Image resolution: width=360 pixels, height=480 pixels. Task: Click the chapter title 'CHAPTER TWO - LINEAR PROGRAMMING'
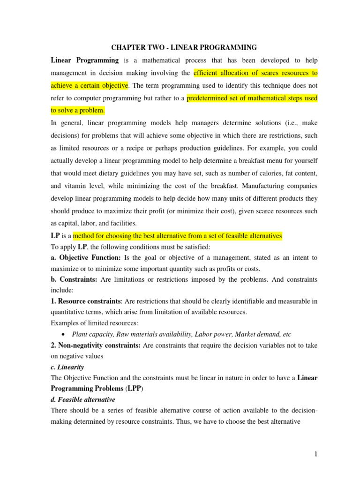183,47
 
